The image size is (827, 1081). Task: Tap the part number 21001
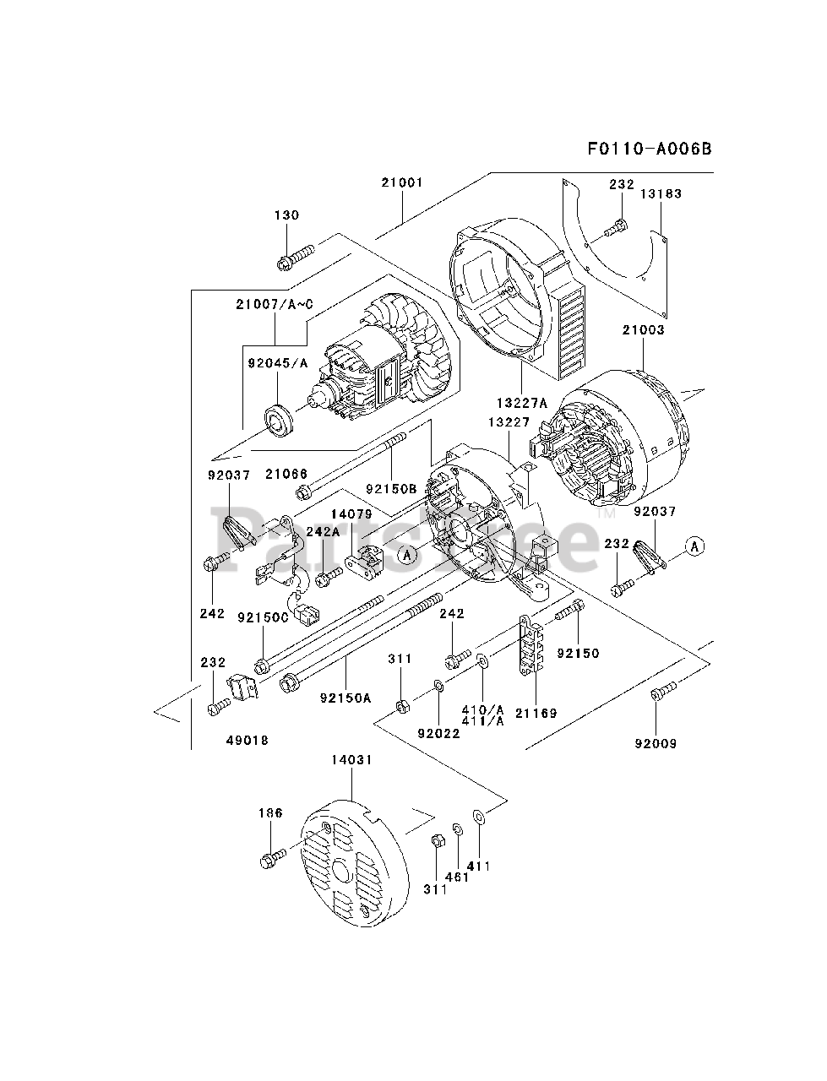click(401, 182)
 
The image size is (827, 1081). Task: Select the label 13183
click(660, 193)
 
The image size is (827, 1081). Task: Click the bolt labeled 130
click(295, 254)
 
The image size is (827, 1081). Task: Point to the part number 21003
click(643, 330)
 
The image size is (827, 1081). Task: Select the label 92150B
click(392, 489)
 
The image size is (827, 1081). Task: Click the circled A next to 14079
click(407, 555)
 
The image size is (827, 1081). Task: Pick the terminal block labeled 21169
click(530, 648)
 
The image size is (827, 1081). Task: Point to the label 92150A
click(345, 698)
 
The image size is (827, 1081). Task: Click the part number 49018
click(248, 740)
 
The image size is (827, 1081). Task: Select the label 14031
click(351, 760)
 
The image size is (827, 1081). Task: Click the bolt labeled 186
click(272, 860)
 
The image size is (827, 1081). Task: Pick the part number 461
click(457, 877)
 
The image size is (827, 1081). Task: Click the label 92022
click(438, 733)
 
